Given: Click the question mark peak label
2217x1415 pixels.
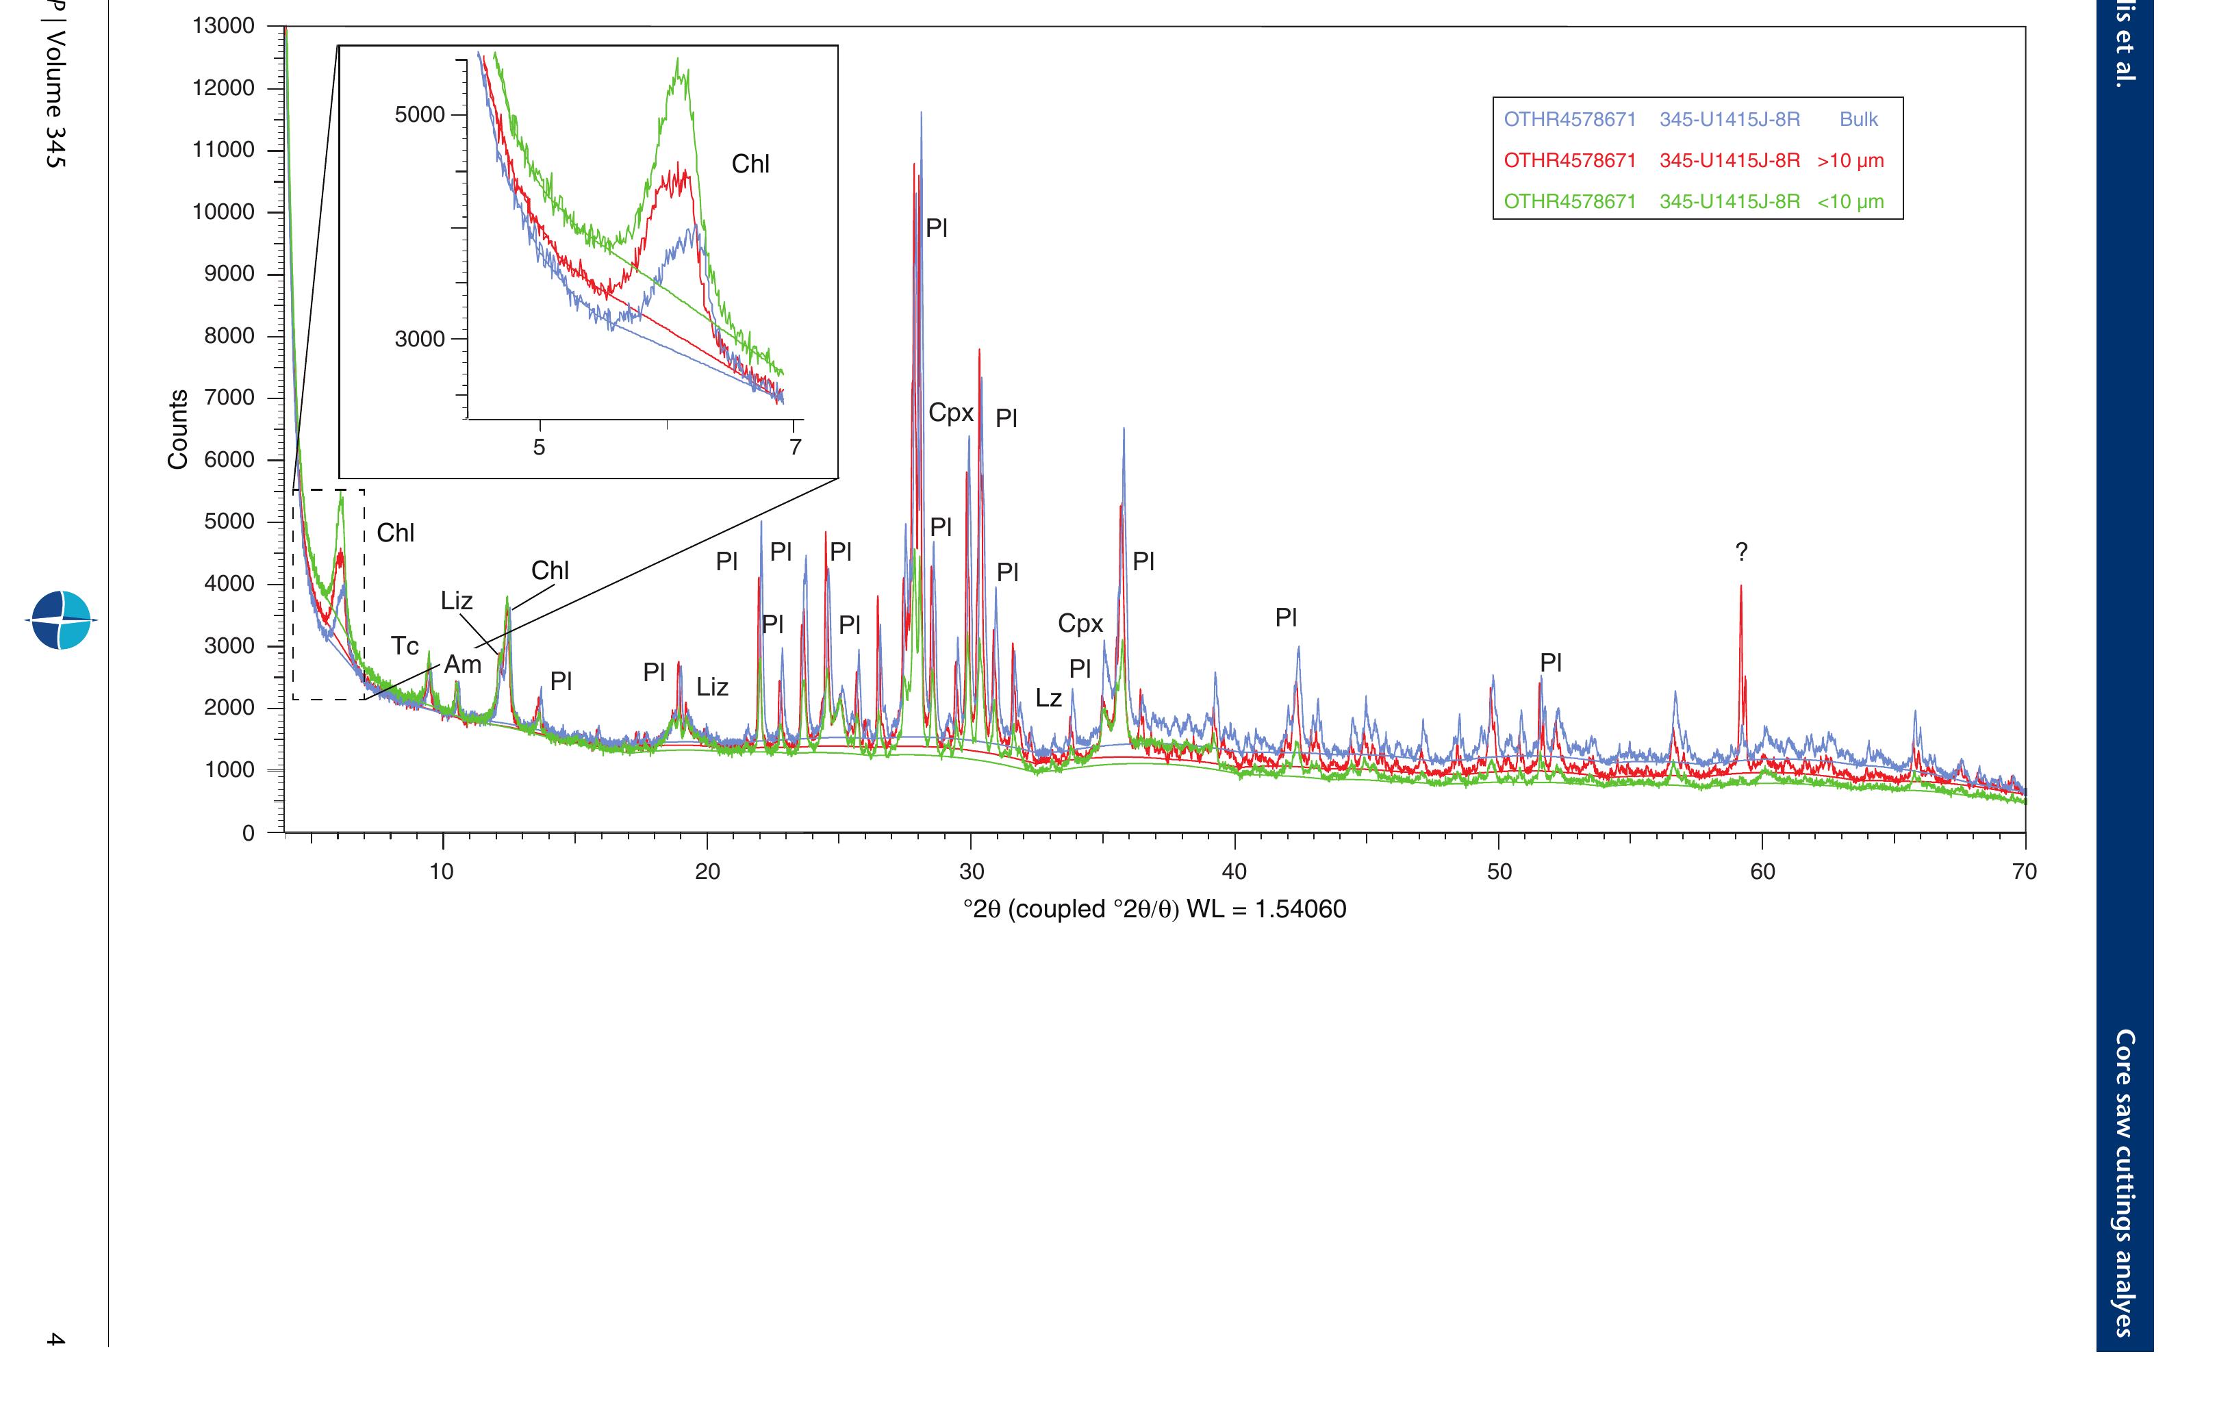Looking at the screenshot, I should tap(1741, 552).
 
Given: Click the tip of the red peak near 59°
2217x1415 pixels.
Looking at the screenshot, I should tap(1741, 587).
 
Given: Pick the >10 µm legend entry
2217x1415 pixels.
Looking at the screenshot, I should tap(1693, 161).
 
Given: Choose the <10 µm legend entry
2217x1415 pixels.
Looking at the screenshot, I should tap(1693, 202).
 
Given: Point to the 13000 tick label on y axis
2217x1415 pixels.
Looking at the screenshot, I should tap(223, 26).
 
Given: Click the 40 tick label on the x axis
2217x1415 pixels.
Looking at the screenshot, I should tap(1234, 872).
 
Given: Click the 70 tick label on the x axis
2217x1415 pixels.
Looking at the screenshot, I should tap(2024, 872).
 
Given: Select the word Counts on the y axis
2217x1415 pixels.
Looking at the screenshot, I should tap(178, 429).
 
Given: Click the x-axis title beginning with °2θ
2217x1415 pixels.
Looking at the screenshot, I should tap(1154, 910).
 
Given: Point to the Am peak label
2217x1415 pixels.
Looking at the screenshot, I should tap(463, 665).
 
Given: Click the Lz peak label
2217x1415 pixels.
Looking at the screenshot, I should tap(1049, 699).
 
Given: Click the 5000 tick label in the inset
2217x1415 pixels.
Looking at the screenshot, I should tap(419, 115).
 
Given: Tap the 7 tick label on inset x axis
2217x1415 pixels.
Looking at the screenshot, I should tap(796, 448).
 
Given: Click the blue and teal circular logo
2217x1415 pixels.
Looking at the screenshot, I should tap(62, 620).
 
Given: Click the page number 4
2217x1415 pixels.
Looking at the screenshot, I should tap(55, 1340).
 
